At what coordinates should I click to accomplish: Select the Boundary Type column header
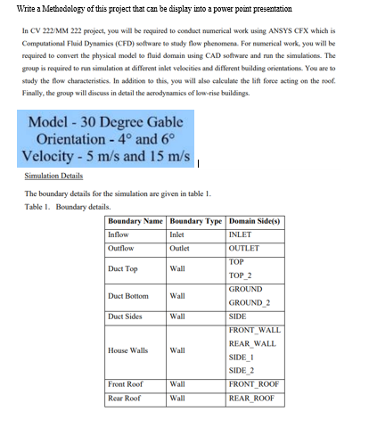196,220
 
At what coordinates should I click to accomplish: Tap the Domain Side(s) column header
257,220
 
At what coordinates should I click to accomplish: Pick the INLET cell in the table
242,234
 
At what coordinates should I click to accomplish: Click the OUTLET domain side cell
244,248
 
